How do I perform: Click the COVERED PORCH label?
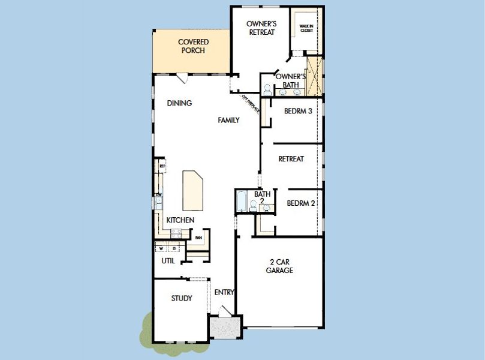click(193, 46)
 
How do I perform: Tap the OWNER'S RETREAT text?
click(261, 28)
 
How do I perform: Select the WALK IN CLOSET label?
click(306, 28)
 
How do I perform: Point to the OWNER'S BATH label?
click(291, 80)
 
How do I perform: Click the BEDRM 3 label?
click(298, 111)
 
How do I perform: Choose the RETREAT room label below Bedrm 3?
click(291, 159)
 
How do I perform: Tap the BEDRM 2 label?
click(301, 203)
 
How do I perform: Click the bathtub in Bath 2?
click(242, 201)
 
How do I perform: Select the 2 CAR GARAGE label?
click(279, 266)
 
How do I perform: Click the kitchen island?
click(194, 188)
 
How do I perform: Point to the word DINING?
click(179, 103)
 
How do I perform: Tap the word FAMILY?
click(228, 120)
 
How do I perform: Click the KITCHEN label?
click(180, 220)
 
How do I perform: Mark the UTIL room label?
click(168, 261)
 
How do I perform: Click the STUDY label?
click(181, 298)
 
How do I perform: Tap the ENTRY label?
click(224, 292)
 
